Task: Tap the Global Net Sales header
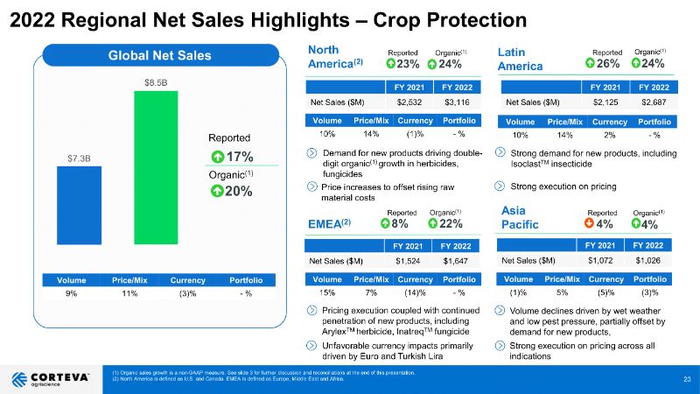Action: coord(159,56)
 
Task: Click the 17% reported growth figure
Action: coord(237,157)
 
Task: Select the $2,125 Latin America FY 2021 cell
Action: coord(605,102)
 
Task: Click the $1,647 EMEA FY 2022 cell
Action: coord(455,261)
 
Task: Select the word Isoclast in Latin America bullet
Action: coord(530,165)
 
